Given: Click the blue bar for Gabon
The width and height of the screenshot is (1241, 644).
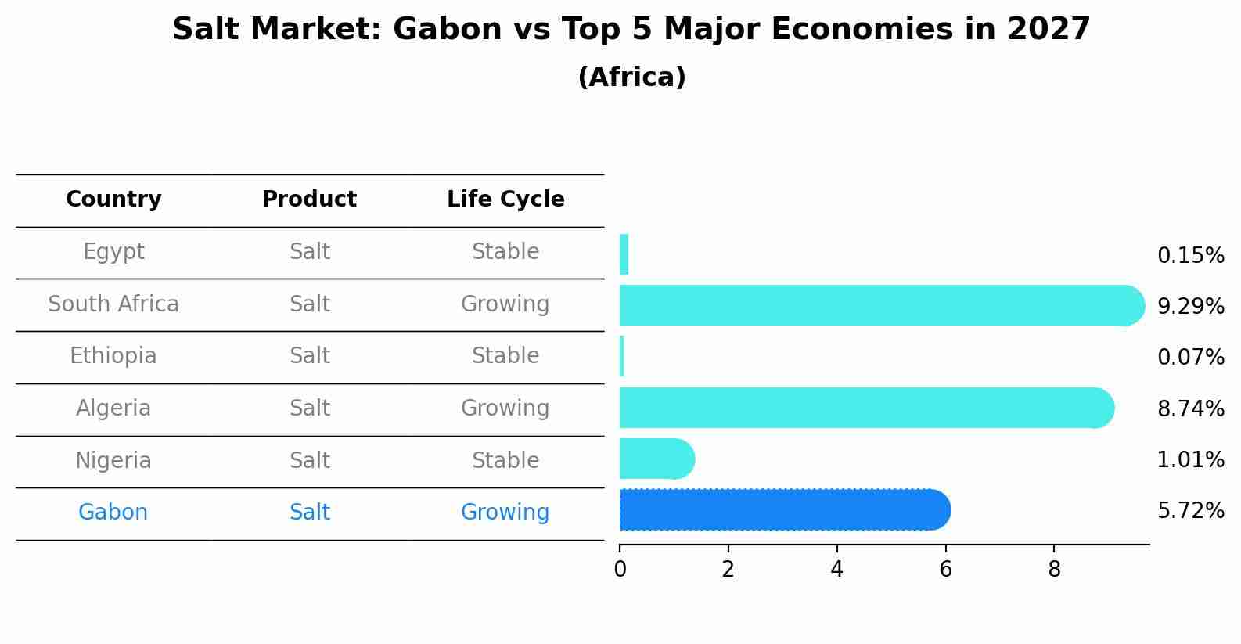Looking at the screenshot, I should pos(782,510).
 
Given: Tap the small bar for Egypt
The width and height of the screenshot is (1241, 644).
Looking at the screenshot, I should pos(624,254).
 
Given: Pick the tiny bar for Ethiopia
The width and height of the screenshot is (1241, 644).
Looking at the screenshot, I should pos(621,356).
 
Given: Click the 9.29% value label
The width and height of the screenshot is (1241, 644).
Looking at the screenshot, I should pos(1190,306).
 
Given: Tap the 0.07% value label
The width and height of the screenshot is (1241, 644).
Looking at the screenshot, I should pos(1190,358).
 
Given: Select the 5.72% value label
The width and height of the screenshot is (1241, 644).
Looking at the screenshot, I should pos(1190,511).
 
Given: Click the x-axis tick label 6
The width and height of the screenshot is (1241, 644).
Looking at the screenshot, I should pos(945,570).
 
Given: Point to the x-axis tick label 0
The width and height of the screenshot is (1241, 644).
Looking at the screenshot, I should pos(620,570).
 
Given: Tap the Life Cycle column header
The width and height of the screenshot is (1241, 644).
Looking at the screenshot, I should pos(505,200).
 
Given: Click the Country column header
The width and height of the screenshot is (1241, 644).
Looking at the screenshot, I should pos(113,200).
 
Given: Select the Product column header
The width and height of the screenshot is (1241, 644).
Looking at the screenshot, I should pos(309,200).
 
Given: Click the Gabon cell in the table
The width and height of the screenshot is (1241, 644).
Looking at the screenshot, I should pos(113,513).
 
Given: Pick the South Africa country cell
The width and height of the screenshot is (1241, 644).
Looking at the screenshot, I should pos(113,304).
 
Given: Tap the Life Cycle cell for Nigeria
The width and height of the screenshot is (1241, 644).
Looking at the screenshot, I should pos(505,460).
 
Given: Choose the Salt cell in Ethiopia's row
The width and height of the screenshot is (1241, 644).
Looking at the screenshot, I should pos(309,356).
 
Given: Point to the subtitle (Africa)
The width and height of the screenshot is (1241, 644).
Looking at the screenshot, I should pos(631,77).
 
